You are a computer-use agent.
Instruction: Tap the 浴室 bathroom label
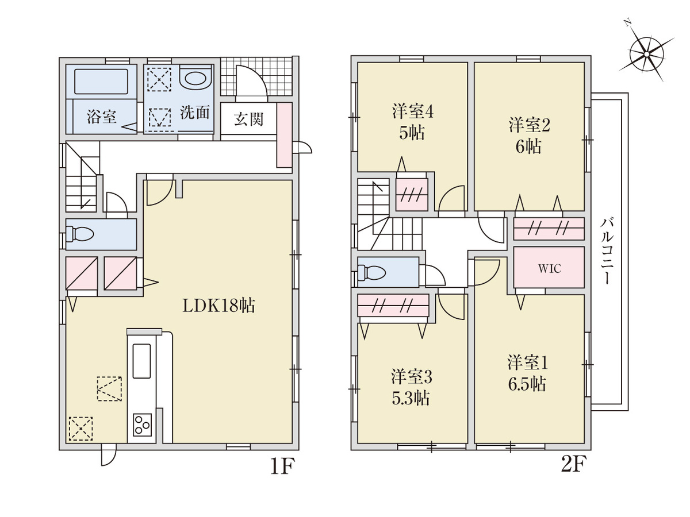tap(102, 117)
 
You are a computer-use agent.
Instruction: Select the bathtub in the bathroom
tap(101, 82)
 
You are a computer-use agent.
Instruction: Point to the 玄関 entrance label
tap(248, 119)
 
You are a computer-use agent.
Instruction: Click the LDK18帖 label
tap(218, 306)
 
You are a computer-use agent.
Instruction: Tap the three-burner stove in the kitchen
tap(142, 425)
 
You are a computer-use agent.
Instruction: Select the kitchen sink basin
tap(141, 361)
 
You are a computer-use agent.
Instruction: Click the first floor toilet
tap(80, 234)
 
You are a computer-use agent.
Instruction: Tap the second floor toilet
tap(371, 272)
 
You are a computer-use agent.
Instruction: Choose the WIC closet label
tap(550, 269)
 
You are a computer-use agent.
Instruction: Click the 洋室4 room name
tap(412, 111)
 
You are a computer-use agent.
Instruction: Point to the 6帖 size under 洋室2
tap(528, 146)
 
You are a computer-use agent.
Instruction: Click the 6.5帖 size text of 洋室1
tap(527, 384)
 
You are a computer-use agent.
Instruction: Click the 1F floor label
tap(282, 466)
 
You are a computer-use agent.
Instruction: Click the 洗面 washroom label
tap(195, 112)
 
